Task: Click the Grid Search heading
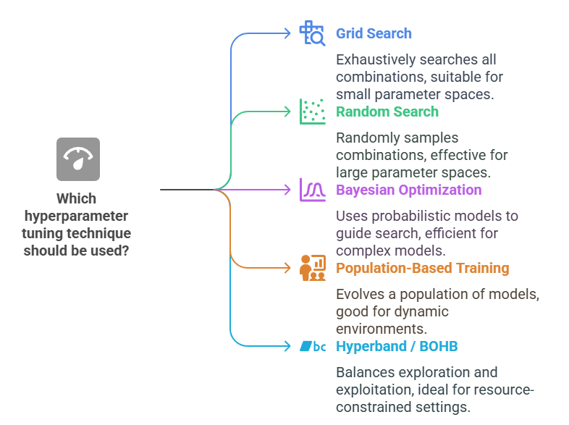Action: coord(374,33)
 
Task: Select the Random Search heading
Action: coord(387,111)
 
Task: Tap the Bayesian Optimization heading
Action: coord(408,190)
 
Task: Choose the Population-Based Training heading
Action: coord(422,268)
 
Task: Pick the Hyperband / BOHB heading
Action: coord(397,346)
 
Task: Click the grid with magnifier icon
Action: coord(313,33)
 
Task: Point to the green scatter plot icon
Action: coord(313,111)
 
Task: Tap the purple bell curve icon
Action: coord(313,190)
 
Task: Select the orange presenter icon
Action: coord(313,268)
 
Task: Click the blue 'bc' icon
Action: coord(313,346)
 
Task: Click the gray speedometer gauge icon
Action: coord(78,159)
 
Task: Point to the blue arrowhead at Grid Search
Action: coord(287,33)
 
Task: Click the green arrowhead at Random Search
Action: coord(287,111)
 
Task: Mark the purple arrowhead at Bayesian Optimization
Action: coord(287,190)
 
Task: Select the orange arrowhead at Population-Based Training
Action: coord(287,268)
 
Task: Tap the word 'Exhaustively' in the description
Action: coord(371,59)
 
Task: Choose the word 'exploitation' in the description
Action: coord(374,391)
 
